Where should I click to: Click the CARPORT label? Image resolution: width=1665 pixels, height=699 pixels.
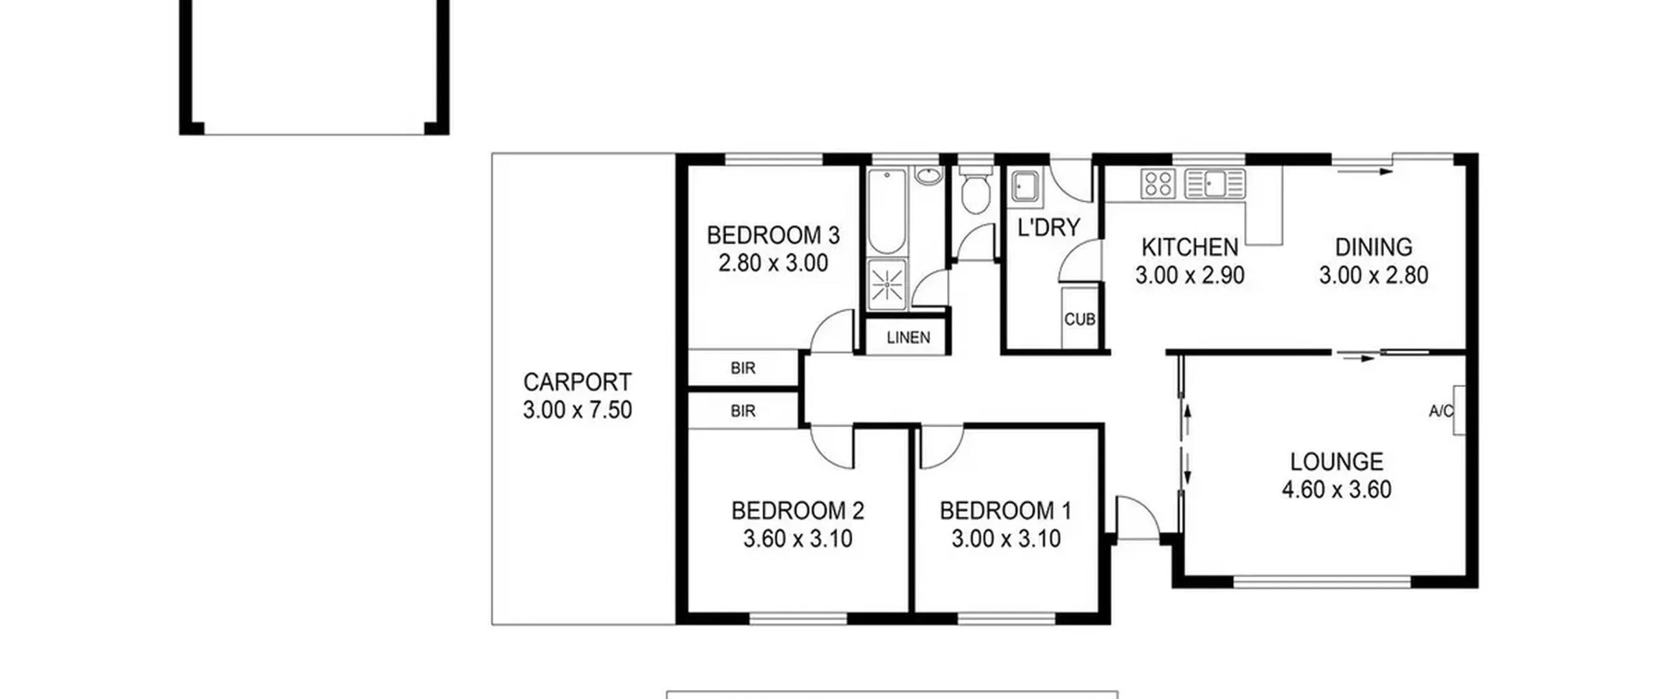click(577, 382)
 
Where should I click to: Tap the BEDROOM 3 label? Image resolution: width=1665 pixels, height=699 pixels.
click(773, 235)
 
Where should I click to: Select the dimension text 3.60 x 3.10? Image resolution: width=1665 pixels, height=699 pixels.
click(797, 538)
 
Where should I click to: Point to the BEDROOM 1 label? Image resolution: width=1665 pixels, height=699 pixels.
click(1006, 510)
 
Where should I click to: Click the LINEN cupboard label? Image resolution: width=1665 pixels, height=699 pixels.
click(908, 337)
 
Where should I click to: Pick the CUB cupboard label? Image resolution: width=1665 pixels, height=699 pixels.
click(1080, 319)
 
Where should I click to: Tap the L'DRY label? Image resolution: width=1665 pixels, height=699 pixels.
click(1048, 227)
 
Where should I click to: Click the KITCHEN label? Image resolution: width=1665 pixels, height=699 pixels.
click(1190, 247)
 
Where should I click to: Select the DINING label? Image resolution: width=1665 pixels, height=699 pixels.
click(1374, 247)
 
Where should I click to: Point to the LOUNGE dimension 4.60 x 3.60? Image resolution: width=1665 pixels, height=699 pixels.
click(1337, 489)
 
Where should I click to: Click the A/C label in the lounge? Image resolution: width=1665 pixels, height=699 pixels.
click(1441, 411)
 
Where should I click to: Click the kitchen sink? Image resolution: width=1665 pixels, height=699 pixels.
click(1215, 183)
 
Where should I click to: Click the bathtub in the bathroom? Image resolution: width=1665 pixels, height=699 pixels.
click(886, 211)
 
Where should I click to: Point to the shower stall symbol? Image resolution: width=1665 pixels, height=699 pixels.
click(887, 284)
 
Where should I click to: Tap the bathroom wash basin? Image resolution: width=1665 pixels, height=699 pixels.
click(928, 176)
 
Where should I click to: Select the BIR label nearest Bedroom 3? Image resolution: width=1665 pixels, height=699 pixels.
click(743, 368)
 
